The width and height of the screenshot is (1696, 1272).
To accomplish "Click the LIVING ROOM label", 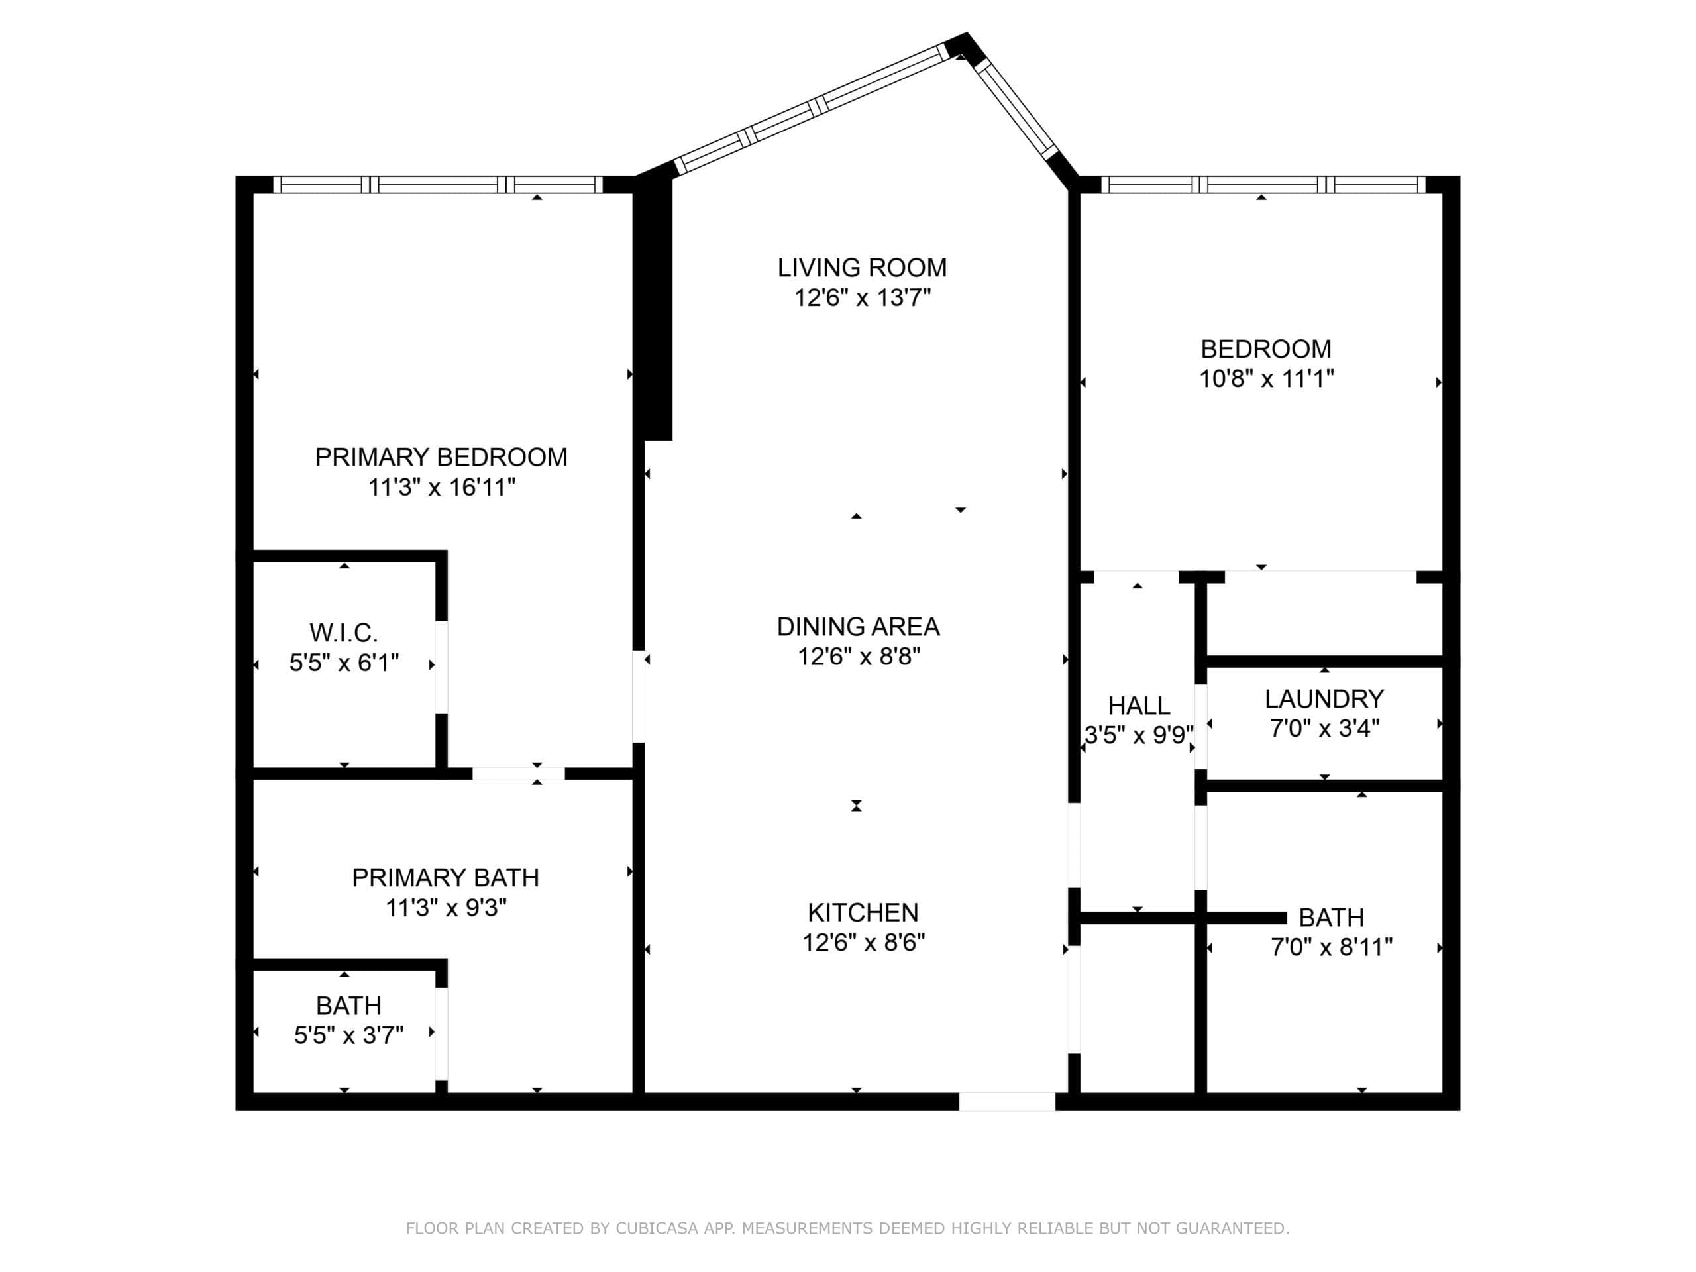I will pyautogui.click(x=862, y=268).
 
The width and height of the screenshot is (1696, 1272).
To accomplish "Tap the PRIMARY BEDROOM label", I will pyautogui.click(x=441, y=457).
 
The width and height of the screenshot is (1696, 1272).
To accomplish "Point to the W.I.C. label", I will pyautogui.click(x=343, y=633).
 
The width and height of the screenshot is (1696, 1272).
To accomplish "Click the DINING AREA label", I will pyautogui.click(x=858, y=627).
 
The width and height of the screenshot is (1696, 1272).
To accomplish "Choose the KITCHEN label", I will pyautogui.click(x=863, y=912).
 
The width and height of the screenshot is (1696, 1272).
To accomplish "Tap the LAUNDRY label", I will pyautogui.click(x=1324, y=698).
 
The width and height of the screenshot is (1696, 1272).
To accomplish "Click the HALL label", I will pyautogui.click(x=1139, y=706).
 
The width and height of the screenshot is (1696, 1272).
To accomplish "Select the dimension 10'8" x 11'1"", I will pyautogui.click(x=1266, y=379).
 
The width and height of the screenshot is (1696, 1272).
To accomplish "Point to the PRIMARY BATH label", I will pyautogui.click(x=445, y=877).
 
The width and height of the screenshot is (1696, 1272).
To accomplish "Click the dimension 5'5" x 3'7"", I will pyautogui.click(x=348, y=1035).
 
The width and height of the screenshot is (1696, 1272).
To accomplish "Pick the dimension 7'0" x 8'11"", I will pyautogui.click(x=1331, y=947).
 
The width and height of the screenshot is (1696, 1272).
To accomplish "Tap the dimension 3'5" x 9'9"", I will pyautogui.click(x=1139, y=735).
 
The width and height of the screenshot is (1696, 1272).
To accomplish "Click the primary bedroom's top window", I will pyautogui.click(x=438, y=185).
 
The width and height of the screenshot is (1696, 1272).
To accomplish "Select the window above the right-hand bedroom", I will pyautogui.click(x=1263, y=185).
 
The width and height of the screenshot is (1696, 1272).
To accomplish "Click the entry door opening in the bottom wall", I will pyautogui.click(x=1007, y=1101).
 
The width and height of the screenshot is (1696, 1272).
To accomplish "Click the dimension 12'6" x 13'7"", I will pyautogui.click(x=862, y=297).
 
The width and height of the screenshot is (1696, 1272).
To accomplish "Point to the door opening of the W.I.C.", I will pyautogui.click(x=442, y=666).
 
